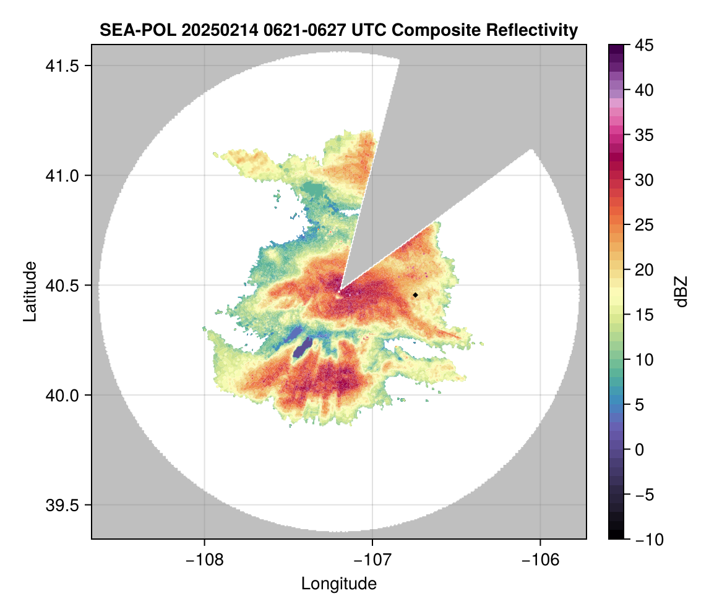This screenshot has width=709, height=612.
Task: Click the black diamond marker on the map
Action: pos(415,295)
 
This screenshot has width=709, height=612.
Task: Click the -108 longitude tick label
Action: pos(204,559)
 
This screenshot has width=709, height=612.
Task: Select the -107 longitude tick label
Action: pos(372,559)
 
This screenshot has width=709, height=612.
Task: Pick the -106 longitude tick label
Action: pos(541,559)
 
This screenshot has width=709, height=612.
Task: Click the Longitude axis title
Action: pos(338,583)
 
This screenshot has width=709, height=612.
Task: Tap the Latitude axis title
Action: pos(29,291)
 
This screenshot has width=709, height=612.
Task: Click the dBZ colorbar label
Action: pos(681,291)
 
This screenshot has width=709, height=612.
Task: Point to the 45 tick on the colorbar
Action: pos(644,45)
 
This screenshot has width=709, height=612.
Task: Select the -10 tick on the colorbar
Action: pos(647,540)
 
